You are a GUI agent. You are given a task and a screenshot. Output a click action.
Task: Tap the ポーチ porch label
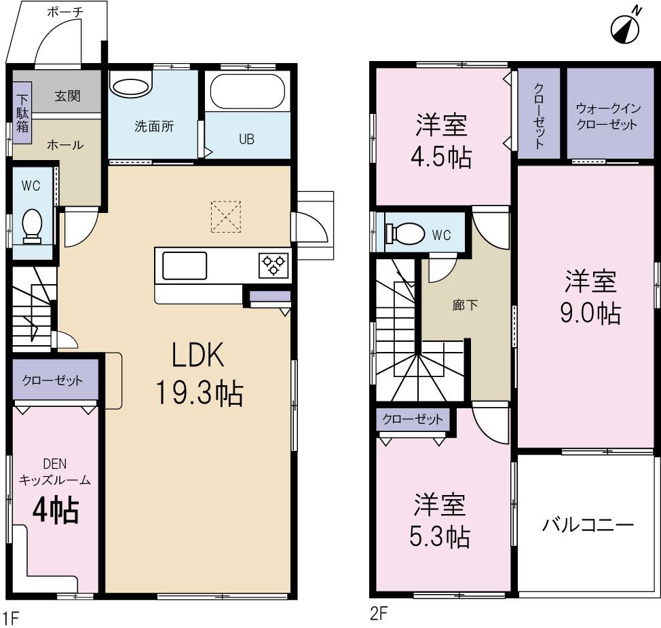click(67, 12)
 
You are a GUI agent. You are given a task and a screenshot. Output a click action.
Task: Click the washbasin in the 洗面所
click(128, 87)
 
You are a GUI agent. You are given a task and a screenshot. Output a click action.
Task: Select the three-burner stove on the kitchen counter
click(273, 264)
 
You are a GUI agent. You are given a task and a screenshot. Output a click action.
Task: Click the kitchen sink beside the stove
click(185, 264)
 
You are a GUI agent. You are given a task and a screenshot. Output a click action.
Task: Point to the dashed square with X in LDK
click(225, 216)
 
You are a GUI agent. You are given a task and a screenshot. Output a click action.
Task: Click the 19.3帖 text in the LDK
click(200, 393)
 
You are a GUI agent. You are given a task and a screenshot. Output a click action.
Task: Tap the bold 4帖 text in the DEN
click(56, 510)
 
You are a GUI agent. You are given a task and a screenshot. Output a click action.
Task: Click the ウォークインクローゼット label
click(607, 116)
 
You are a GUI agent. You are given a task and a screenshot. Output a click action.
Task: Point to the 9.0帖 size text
click(589, 313)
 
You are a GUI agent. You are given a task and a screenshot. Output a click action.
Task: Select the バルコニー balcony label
click(587, 525)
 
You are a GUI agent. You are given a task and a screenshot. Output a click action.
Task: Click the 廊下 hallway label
click(465, 305)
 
